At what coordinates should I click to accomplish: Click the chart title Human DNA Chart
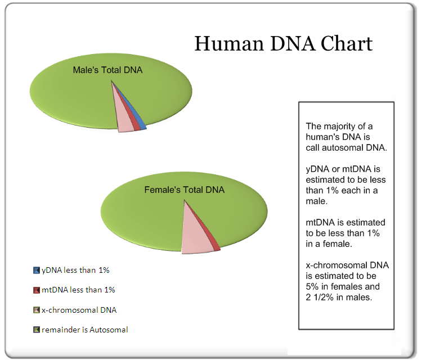click(x=283, y=44)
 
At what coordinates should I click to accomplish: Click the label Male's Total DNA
click(x=108, y=70)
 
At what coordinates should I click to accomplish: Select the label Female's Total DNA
click(x=185, y=190)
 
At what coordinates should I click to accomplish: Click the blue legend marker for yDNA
click(x=37, y=270)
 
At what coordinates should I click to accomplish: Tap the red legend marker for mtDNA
click(x=37, y=290)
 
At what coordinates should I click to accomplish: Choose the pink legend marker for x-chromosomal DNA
click(x=37, y=310)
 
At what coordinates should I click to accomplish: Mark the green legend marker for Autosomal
click(x=37, y=330)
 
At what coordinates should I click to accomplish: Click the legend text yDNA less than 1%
click(x=75, y=270)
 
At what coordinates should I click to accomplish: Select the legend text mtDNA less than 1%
click(x=78, y=290)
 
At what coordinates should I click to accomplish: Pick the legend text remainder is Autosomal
click(x=85, y=330)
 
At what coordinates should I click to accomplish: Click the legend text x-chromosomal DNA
click(x=79, y=310)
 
